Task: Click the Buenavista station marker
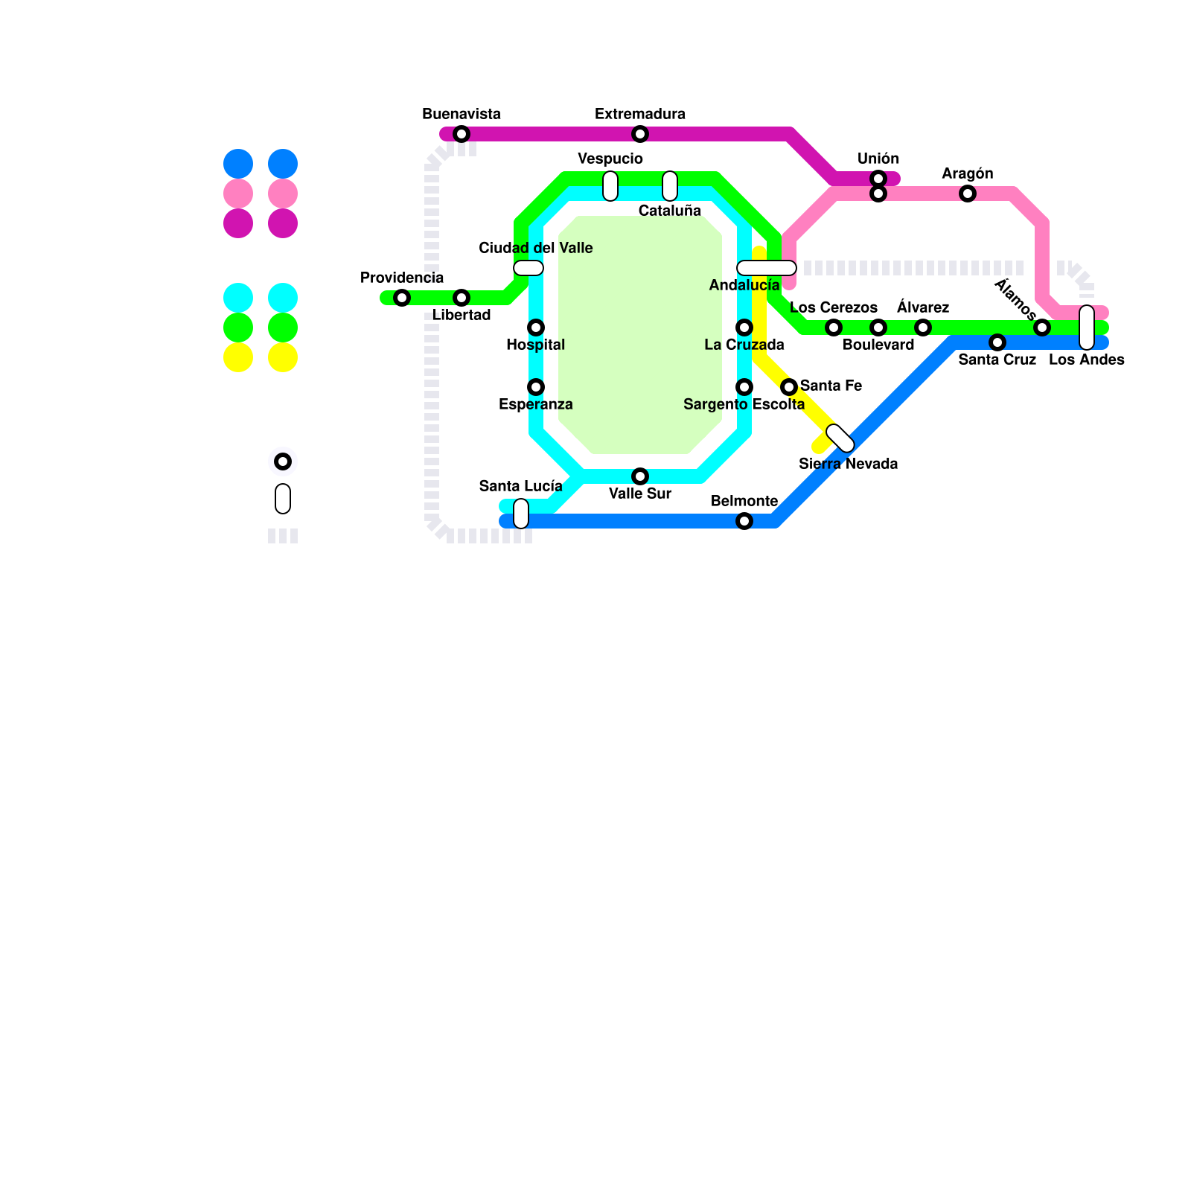pyautogui.click(x=462, y=134)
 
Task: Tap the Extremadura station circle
pyautogui.click(x=640, y=134)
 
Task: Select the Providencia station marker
pyautogui.click(x=402, y=298)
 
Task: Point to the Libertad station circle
pyautogui.click(x=462, y=298)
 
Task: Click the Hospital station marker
pyautogui.click(x=536, y=328)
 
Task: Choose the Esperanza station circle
pyautogui.click(x=536, y=387)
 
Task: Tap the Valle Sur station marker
pyautogui.click(x=640, y=476)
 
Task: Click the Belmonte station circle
pyautogui.click(x=744, y=521)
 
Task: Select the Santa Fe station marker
pyautogui.click(x=789, y=387)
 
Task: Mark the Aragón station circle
pyautogui.click(x=968, y=194)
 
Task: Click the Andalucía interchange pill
pyautogui.click(x=767, y=268)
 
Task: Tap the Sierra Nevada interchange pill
pyautogui.click(x=840, y=438)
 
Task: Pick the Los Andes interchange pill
pyautogui.click(x=1087, y=328)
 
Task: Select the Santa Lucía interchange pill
pyautogui.click(x=521, y=514)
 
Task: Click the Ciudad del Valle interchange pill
pyautogui.click(x=529, y=268)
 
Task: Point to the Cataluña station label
pyautogui.click(x=670, y=211)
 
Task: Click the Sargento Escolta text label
pyautogui.click(x=744, y=404)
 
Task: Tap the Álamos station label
pyautogui.click(x=1015, y=298)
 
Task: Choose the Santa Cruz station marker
pyautogui.click(x=997, y=342)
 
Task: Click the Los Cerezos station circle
pyautogui.click(x=834, y=328)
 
